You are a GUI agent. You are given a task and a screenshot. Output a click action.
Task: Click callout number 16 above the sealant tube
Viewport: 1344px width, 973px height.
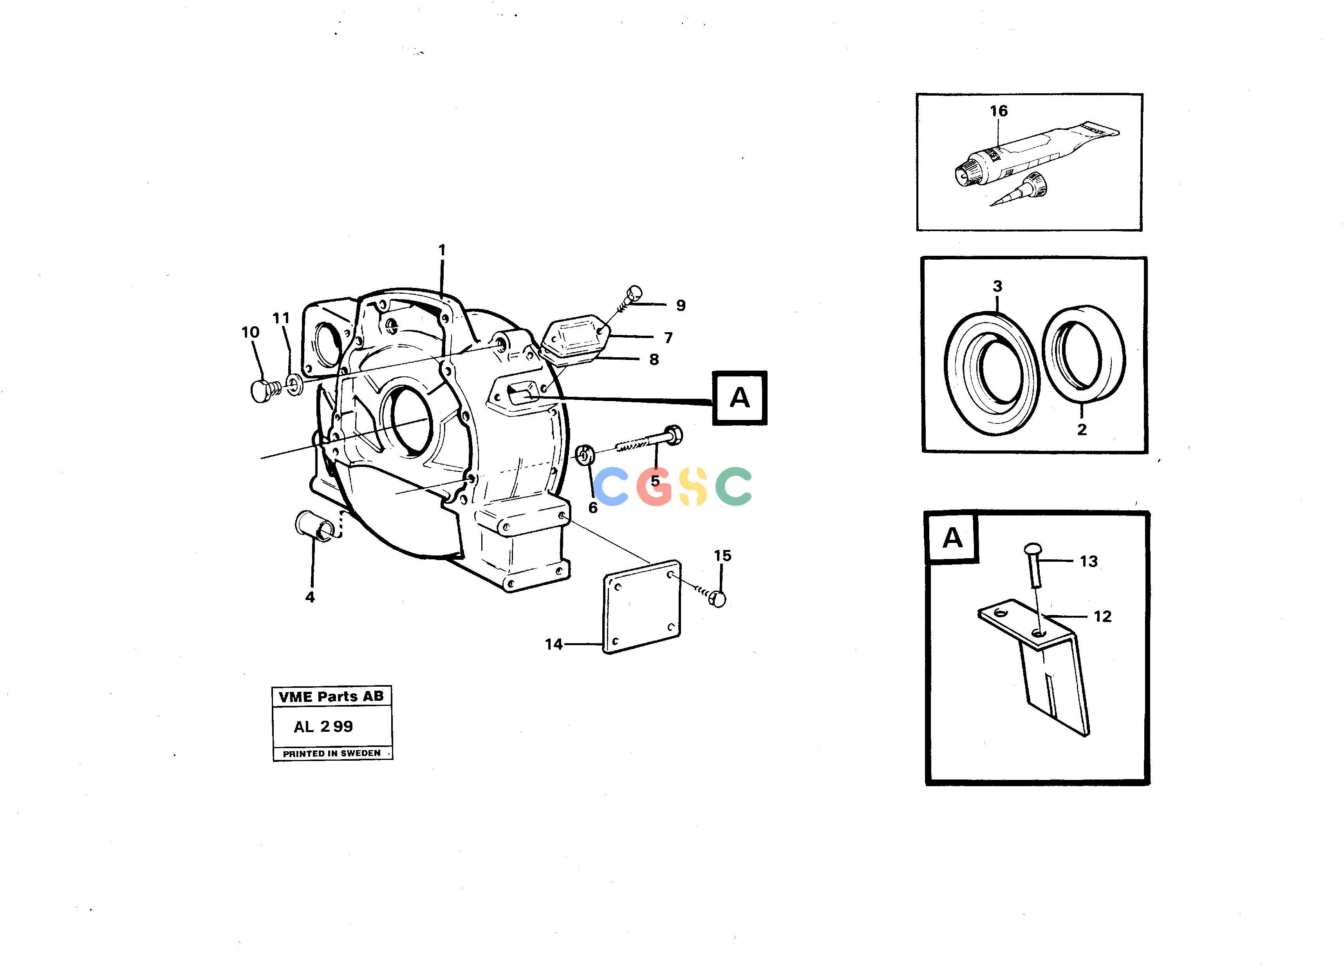[999, 111]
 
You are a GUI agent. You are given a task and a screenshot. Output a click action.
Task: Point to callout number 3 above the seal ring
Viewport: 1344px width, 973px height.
[997, 286]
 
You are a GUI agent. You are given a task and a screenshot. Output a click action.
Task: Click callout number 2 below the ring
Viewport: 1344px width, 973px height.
[1082, 430]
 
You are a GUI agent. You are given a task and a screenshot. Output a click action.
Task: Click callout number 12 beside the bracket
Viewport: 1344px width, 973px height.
[1102, 617]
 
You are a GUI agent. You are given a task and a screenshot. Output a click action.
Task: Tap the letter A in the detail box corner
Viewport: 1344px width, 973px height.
[952, 537]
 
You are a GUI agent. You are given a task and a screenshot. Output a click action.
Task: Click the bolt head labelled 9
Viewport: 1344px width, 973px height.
[634, 293]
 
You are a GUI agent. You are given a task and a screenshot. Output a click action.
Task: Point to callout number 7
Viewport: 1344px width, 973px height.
[668, 338]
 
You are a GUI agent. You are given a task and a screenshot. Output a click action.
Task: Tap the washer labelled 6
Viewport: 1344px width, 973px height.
[585, 455]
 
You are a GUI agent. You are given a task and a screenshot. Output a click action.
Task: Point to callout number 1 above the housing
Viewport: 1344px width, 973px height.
[441, 251]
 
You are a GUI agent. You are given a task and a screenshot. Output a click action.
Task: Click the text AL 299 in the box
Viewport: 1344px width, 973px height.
[323, 727]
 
